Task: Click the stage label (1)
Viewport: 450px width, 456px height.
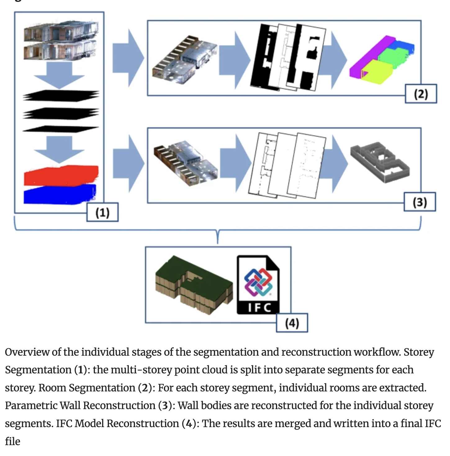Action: (x=102, y=212)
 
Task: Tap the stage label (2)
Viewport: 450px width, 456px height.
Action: (x=421, y=93)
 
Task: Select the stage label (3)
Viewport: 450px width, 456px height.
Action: (x=420, y=202)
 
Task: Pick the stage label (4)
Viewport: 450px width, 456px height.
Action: (x=292, y=323)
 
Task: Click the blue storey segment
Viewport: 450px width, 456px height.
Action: (x=60, y=194)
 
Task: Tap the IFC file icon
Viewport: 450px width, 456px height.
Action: (x=258, y=285)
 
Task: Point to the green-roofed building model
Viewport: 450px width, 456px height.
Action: (x=194, y=285)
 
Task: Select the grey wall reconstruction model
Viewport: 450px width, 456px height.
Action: (x=380, y=162)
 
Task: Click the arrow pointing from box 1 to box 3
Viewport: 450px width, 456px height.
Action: (x=128, y=163)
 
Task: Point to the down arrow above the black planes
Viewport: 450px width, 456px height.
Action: (x=59, y=75)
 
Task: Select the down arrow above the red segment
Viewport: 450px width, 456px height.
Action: (x=59, y=149)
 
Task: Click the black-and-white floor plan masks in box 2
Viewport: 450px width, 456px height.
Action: (x=288, y=57)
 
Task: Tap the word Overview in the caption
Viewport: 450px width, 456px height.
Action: (x=27, y=352)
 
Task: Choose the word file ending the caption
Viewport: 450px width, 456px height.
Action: (x=12, y=441)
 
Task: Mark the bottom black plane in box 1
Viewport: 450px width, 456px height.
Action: (x=61, y=129)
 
